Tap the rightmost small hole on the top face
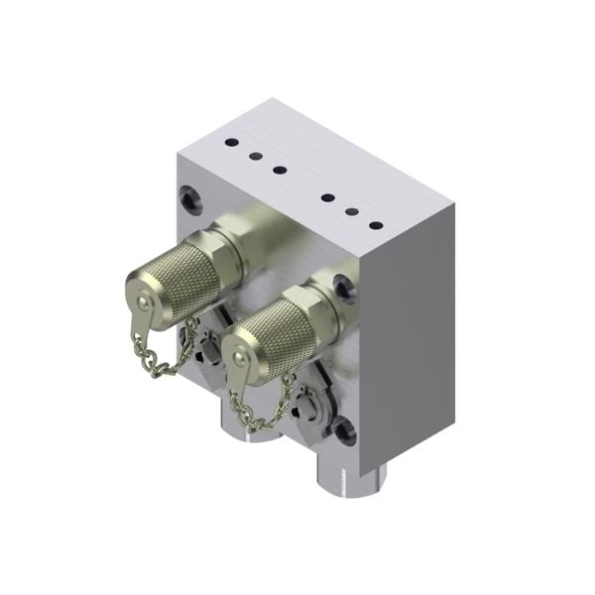376,225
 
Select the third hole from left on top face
280,170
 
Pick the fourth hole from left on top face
326,196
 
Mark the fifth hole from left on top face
351,210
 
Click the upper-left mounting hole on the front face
189,196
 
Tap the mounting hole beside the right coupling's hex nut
343,289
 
